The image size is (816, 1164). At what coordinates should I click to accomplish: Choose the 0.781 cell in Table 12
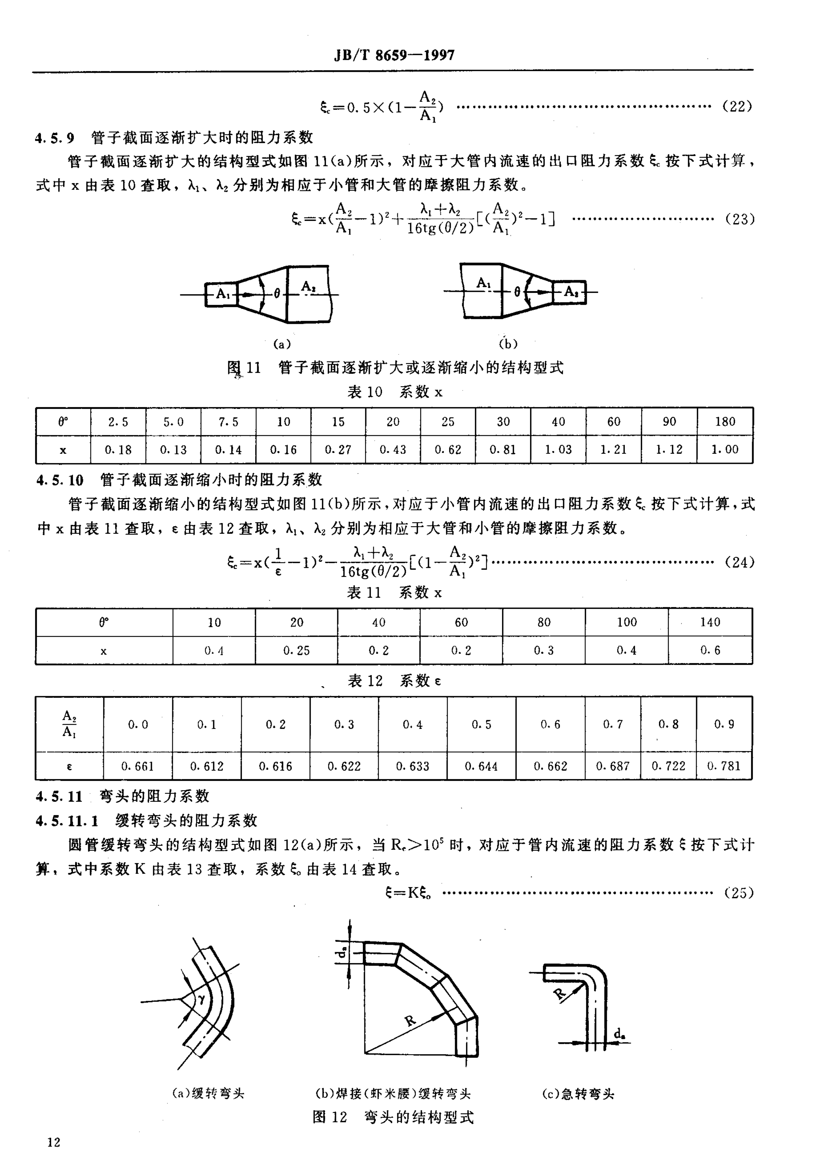724,766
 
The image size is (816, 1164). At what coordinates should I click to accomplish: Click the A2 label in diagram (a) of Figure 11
308,287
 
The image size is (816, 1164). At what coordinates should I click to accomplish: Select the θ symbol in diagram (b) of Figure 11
517,292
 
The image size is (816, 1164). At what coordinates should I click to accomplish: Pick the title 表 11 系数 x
394,593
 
